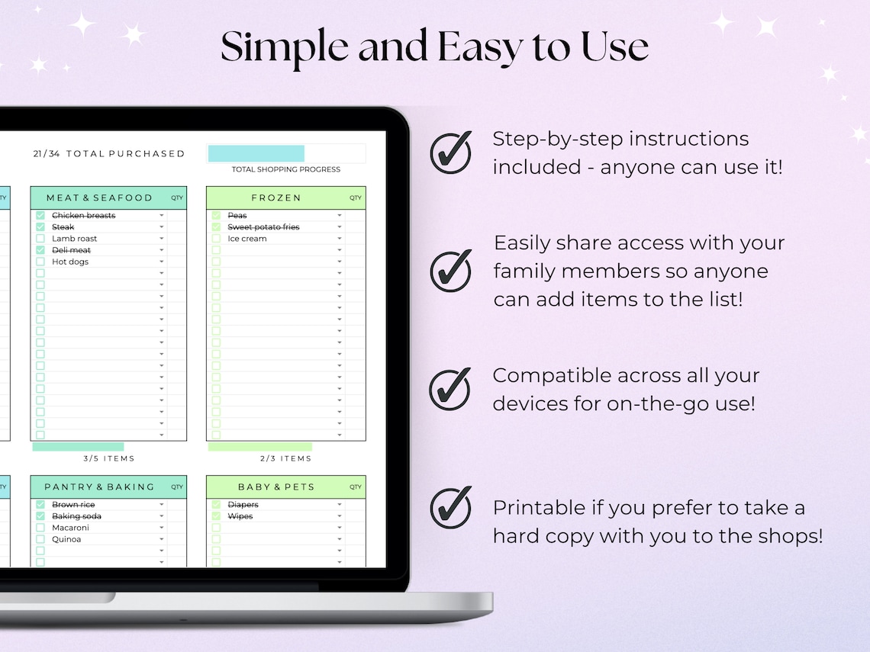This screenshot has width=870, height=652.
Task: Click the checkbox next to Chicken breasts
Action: click(x=40, y=216)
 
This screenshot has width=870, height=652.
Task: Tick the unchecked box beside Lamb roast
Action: click(x=40, y=239)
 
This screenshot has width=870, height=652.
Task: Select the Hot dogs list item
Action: click(x=70, y=262)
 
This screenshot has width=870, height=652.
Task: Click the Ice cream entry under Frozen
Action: click(x=247, y=239)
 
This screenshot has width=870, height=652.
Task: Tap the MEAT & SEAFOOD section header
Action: click(x=99, y=198)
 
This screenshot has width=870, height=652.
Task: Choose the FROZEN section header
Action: click(x=276, y=198)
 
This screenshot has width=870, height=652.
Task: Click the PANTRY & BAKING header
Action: click(x=99, y=487)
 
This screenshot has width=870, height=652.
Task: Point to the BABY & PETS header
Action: click(x=276, y=487)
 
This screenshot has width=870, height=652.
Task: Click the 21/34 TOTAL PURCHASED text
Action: click(x=109, y=153)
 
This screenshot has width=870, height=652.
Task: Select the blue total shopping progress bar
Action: click(x=256, y=153)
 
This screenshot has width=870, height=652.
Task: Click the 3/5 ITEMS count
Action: click(x=109, y=458)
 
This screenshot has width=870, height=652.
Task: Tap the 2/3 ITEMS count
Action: click(x=286, y=458)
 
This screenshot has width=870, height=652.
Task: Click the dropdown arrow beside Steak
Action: click(x=162, y=227)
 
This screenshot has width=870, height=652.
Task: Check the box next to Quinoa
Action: click(x=40, y=539)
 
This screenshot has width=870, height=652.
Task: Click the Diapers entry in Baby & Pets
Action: click(x=243, y=505)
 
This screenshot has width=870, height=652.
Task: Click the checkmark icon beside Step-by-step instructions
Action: click(x=450, y=153)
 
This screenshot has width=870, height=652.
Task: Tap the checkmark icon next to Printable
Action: click(x=450, y=508)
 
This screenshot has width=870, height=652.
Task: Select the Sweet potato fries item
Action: click(x=263, y=227)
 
